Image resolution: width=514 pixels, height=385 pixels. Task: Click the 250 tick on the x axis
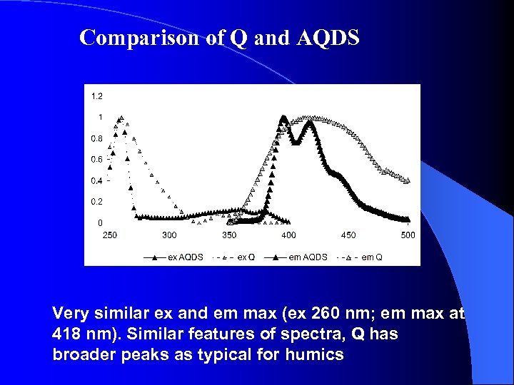[110, 235]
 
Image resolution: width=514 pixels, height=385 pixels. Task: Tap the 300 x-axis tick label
[169, 235]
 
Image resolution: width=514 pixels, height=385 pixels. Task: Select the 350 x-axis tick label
[229, 235]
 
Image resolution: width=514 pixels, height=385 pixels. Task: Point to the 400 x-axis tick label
[288, 235]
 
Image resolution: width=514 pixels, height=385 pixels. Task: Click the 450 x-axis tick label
[348, 235]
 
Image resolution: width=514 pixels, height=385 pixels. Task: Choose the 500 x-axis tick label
[407, 235]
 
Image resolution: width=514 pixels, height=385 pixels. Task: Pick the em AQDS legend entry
[308, 257]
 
